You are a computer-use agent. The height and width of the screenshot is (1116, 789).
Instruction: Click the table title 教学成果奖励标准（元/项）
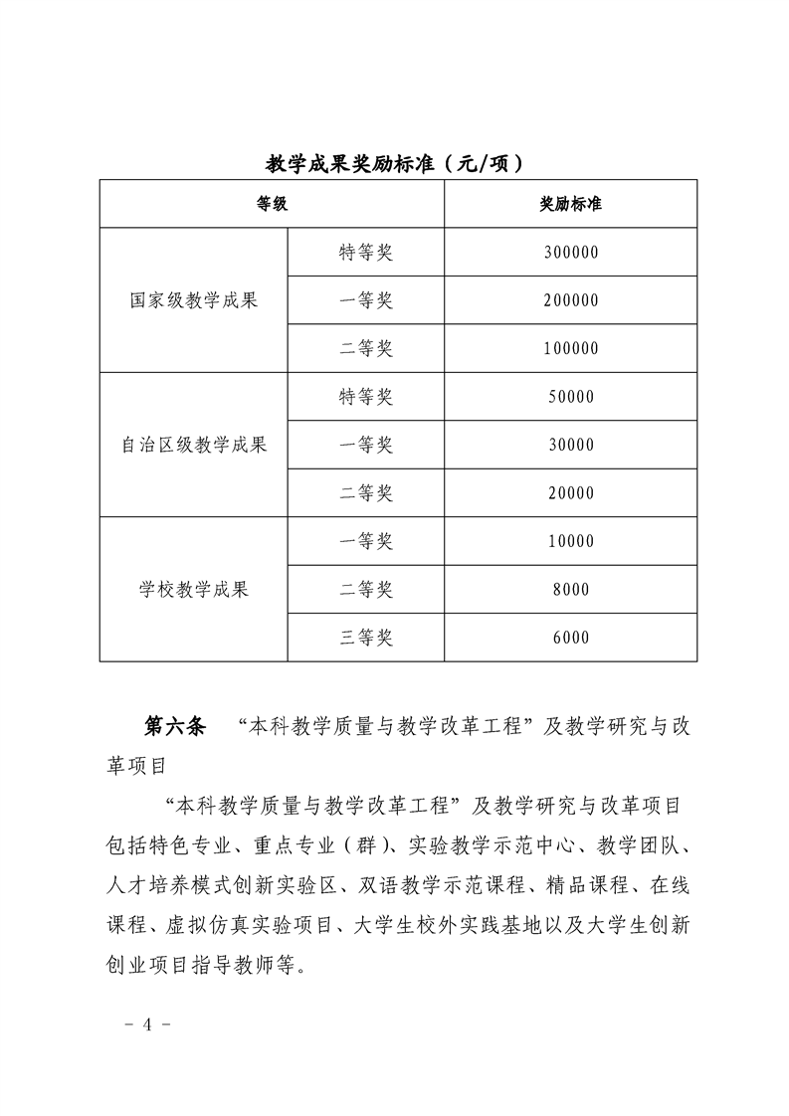point(394,163)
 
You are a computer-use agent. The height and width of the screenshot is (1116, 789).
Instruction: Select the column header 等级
point(272,204)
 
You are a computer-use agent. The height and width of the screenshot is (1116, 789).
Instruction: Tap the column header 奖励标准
point(570,204)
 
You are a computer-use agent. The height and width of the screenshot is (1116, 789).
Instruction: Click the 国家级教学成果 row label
point(194,299)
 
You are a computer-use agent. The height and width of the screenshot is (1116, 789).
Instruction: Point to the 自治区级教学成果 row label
point(194,445)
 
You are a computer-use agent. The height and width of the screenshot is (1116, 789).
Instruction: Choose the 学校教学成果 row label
point(194,590)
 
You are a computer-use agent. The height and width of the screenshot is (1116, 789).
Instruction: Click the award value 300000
point(570,253)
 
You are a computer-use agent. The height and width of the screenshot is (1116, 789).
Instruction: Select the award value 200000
point(570,300)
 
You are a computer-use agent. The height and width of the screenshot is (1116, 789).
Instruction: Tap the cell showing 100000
point(570,348)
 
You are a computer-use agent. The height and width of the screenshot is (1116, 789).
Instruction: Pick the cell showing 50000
point(570,397)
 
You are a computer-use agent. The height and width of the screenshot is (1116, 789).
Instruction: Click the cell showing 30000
point(570,445)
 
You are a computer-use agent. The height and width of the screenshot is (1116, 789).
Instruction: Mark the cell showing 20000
point(570,493)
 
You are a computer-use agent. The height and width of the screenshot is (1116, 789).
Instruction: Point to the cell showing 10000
point(570,541)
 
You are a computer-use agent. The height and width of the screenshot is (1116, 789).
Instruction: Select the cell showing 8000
point(570,590)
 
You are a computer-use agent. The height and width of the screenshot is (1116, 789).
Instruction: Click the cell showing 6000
point(570,638)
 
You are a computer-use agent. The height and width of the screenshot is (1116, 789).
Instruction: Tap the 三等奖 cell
point(366,638)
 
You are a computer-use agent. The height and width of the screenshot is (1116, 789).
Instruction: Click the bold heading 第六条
point(175,726)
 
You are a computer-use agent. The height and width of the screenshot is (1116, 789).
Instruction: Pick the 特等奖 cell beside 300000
point(366,253)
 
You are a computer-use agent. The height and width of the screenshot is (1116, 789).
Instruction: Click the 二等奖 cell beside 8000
point(366,590)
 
